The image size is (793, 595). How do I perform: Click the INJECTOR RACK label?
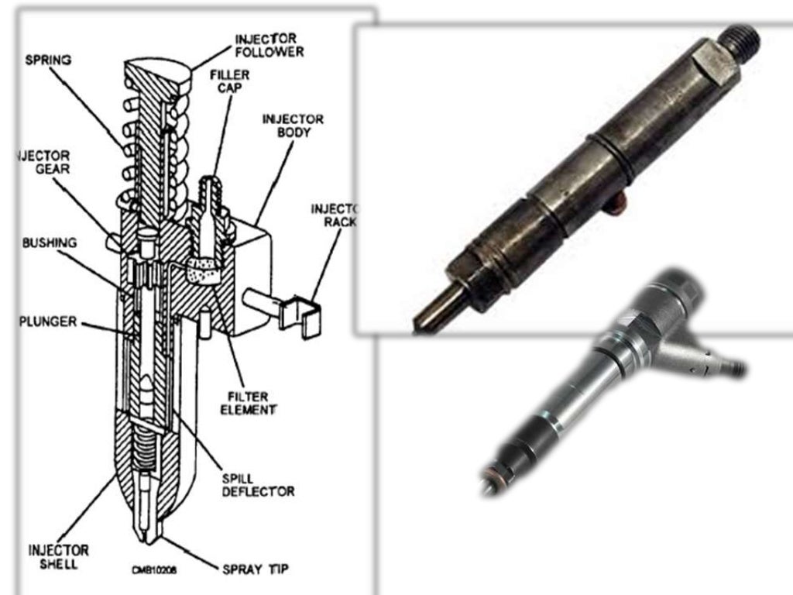333,215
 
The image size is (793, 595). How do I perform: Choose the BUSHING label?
50,242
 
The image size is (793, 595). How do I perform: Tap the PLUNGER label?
48,321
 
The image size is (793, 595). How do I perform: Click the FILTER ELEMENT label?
246,401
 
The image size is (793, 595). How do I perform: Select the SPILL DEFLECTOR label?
258,484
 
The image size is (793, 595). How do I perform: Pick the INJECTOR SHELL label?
58,556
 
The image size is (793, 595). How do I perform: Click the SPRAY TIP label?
256,569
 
